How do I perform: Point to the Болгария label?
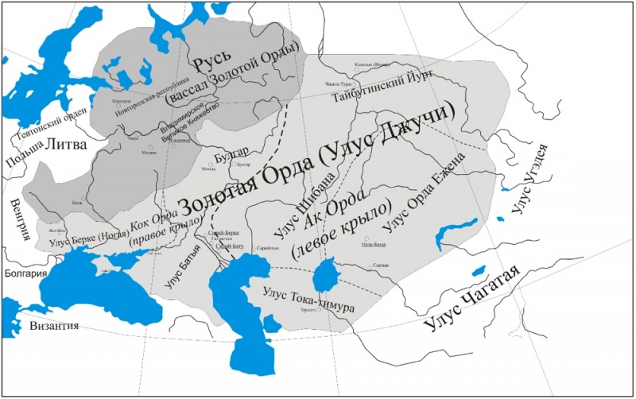(x=24, y=273)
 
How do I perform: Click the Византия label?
(x=54, y=326)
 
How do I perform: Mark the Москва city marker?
(x=150, y=149)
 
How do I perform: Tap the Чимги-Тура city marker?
(x=355, y=83)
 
